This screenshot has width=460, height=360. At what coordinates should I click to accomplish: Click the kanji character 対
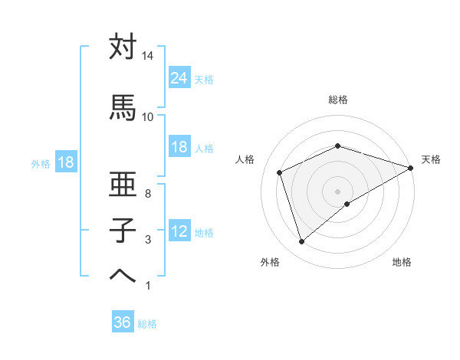pyautogui.click(x=123, y=47)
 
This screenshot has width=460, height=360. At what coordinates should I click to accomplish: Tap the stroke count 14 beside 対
pyautogui.click(x=148, y=57)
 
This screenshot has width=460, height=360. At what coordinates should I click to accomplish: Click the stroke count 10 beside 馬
pyautogui.click(x=148, y=116)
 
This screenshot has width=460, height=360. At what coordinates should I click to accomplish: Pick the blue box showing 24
pyautogui.click(x=179, y=77)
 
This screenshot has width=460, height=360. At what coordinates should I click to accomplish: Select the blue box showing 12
pyautogui.click(x=179, y=231)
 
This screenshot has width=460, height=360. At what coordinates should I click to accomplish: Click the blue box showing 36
pyautogui.click(x=123, y=322)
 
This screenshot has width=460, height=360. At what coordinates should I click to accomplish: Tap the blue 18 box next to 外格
pyautogui.click(x=65, y=162)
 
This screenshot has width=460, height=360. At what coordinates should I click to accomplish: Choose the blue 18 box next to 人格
pyautogui.click(x=179, y=147)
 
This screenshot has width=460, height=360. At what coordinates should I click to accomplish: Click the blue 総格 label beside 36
pyautogui.click(x=147, y=324)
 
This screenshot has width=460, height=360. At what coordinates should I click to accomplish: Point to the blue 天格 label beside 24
pyautogui.click(x=204, y=79)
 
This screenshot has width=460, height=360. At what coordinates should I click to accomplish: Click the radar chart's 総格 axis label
pyautogui.click(x=338, y=100)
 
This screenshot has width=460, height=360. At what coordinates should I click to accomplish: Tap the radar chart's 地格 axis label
pyautogui.click(x=402, y=262)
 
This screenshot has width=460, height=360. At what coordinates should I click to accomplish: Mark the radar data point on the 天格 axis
pyautogui.click(x=411, y=167)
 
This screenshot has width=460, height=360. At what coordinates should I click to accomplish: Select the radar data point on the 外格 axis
pyautogui.click(x=301, y=242)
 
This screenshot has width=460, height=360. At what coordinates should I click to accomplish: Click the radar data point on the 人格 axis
pyautogui.click(x=280, y=172)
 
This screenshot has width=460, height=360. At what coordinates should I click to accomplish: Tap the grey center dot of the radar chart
pyautogui.click(x=338, y=191)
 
